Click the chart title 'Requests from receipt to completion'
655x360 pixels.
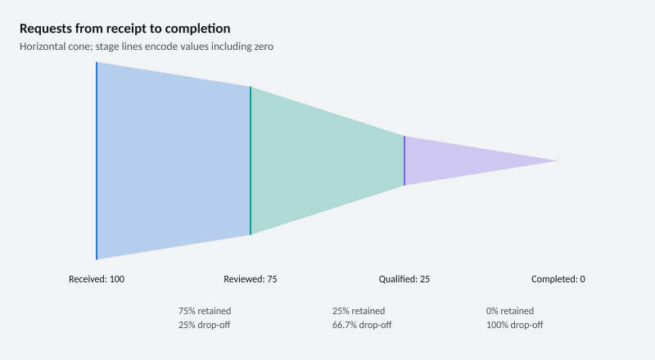125,29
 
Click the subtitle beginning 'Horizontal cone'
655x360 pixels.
147,47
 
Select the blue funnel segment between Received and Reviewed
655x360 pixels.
174,161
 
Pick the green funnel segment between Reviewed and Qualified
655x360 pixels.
327,161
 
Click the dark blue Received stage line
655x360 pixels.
97,161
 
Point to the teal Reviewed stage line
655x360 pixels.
251,161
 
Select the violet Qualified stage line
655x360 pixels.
404,161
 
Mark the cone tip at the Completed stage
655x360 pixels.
558,161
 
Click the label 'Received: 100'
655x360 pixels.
97,279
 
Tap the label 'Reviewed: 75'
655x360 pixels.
251,279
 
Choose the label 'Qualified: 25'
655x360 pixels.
404,279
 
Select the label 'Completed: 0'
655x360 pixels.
558,279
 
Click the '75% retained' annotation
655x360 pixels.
205,311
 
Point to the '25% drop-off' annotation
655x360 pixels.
204,325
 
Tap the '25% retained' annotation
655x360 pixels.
359,311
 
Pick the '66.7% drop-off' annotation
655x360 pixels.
362,325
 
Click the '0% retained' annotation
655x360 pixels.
510,311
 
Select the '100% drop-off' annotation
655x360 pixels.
515,325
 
